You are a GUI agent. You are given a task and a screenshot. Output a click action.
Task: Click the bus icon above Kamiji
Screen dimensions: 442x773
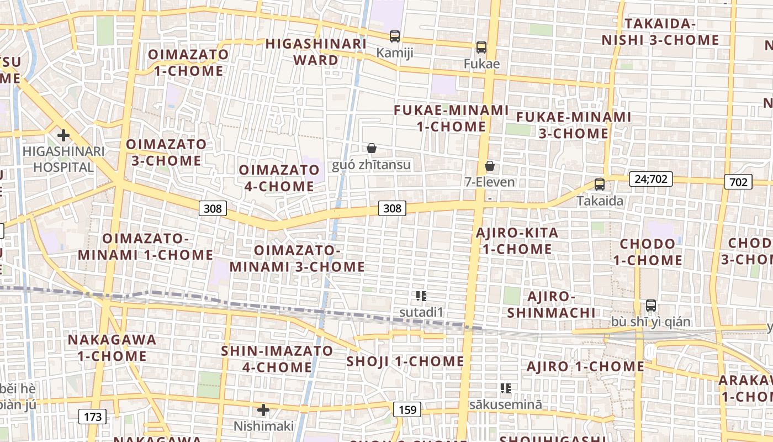tap(394, 36)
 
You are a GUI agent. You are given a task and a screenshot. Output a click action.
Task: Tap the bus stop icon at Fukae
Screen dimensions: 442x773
tap(481, 48)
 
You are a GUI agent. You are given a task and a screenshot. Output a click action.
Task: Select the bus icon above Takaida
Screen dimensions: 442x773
tap(599, 185)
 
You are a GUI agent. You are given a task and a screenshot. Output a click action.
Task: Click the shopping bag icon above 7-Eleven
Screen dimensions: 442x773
tap(489, 166)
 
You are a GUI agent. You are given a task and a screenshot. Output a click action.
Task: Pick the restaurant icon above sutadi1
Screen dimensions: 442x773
tap(421, 296)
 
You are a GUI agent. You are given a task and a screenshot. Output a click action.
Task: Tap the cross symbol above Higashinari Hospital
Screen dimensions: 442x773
tap(63, 135)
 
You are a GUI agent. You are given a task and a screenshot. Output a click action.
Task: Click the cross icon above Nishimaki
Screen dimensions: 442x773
tap(263, 410)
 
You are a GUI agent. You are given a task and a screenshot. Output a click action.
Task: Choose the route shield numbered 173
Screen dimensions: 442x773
tap(92, 416)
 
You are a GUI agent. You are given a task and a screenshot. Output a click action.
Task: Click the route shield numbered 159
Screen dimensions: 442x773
tap(407, 409)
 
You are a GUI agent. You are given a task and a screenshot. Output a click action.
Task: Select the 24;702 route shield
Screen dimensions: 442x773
tap(651, 178)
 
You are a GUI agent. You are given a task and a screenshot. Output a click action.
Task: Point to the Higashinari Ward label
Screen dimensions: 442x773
tap(316, 52)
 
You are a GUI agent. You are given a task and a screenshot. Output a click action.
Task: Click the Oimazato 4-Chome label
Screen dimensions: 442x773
tap(279, 178)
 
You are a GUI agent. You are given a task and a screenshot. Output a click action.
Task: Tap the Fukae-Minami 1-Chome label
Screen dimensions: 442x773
tap(451, 118)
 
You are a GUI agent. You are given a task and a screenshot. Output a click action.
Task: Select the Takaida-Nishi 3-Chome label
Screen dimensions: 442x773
tap(660, 32)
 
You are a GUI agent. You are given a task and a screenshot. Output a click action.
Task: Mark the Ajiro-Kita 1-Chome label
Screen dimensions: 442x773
tap(517, 241)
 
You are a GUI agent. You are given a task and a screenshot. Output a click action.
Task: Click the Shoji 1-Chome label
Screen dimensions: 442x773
tap(405, 361)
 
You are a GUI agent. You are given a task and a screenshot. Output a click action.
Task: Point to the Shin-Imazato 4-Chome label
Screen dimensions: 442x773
tap(277, 359)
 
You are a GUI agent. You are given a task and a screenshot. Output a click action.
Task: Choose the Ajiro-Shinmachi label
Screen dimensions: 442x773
tap(552, 304)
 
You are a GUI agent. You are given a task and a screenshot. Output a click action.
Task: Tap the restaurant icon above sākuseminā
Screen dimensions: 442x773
tap(505, 388)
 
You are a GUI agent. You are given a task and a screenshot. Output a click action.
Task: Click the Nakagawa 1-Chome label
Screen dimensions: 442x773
tap(112, 348)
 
